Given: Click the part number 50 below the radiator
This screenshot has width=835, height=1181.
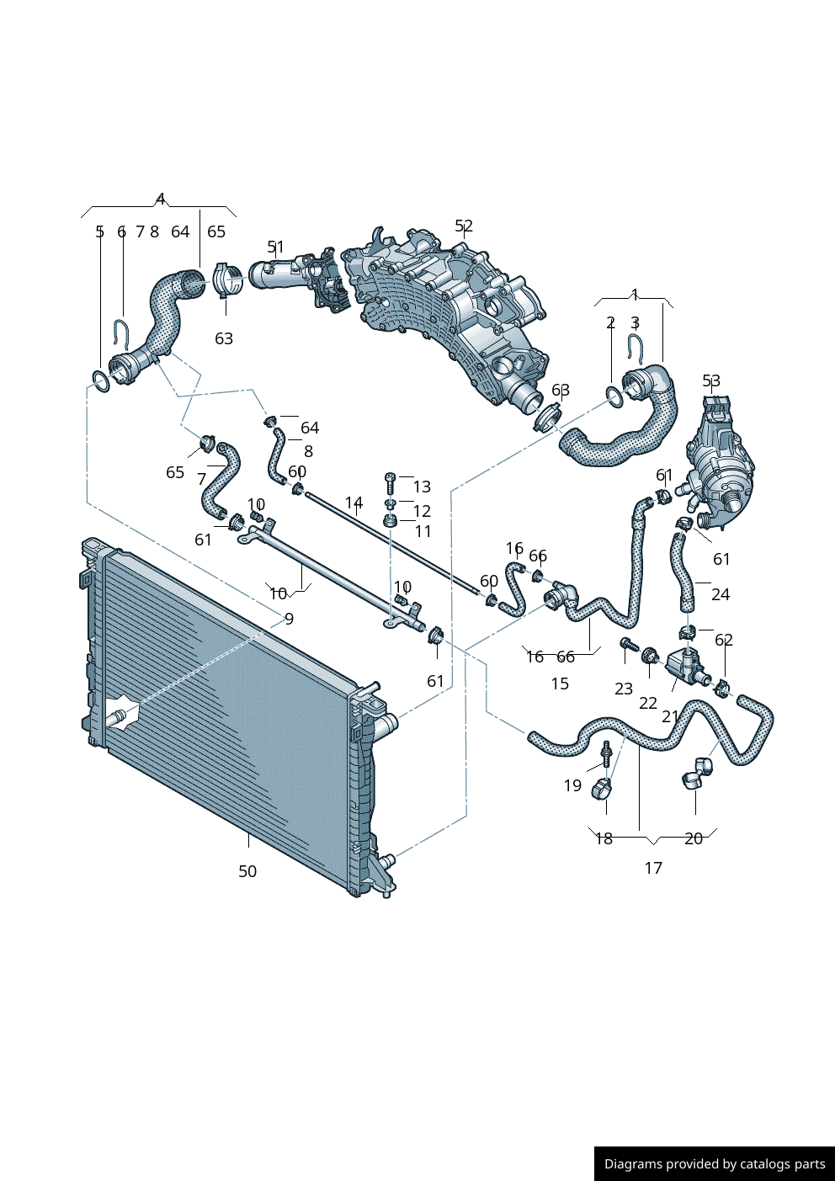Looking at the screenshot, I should click(247, 871).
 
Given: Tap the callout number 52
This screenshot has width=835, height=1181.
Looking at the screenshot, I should click(464, 226).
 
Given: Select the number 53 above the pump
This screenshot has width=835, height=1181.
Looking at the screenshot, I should click(711, 380).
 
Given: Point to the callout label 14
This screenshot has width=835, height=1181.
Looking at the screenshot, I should click(354, 503).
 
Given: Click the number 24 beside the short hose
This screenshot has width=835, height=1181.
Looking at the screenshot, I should click(721, 594).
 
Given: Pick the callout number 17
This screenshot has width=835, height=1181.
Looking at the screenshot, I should click(653, 868).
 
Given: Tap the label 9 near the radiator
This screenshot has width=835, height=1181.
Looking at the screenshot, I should click(289, 619).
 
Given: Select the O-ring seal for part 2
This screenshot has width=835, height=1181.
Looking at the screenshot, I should click(614, 396).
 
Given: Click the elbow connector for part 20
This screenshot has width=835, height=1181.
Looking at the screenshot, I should click(697, 772).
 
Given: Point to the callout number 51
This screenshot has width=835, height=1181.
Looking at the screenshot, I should click(275, 247).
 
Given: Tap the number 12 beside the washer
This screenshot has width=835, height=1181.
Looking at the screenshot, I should click(422, 511).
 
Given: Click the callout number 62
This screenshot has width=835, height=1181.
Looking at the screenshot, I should click(724, 640).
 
